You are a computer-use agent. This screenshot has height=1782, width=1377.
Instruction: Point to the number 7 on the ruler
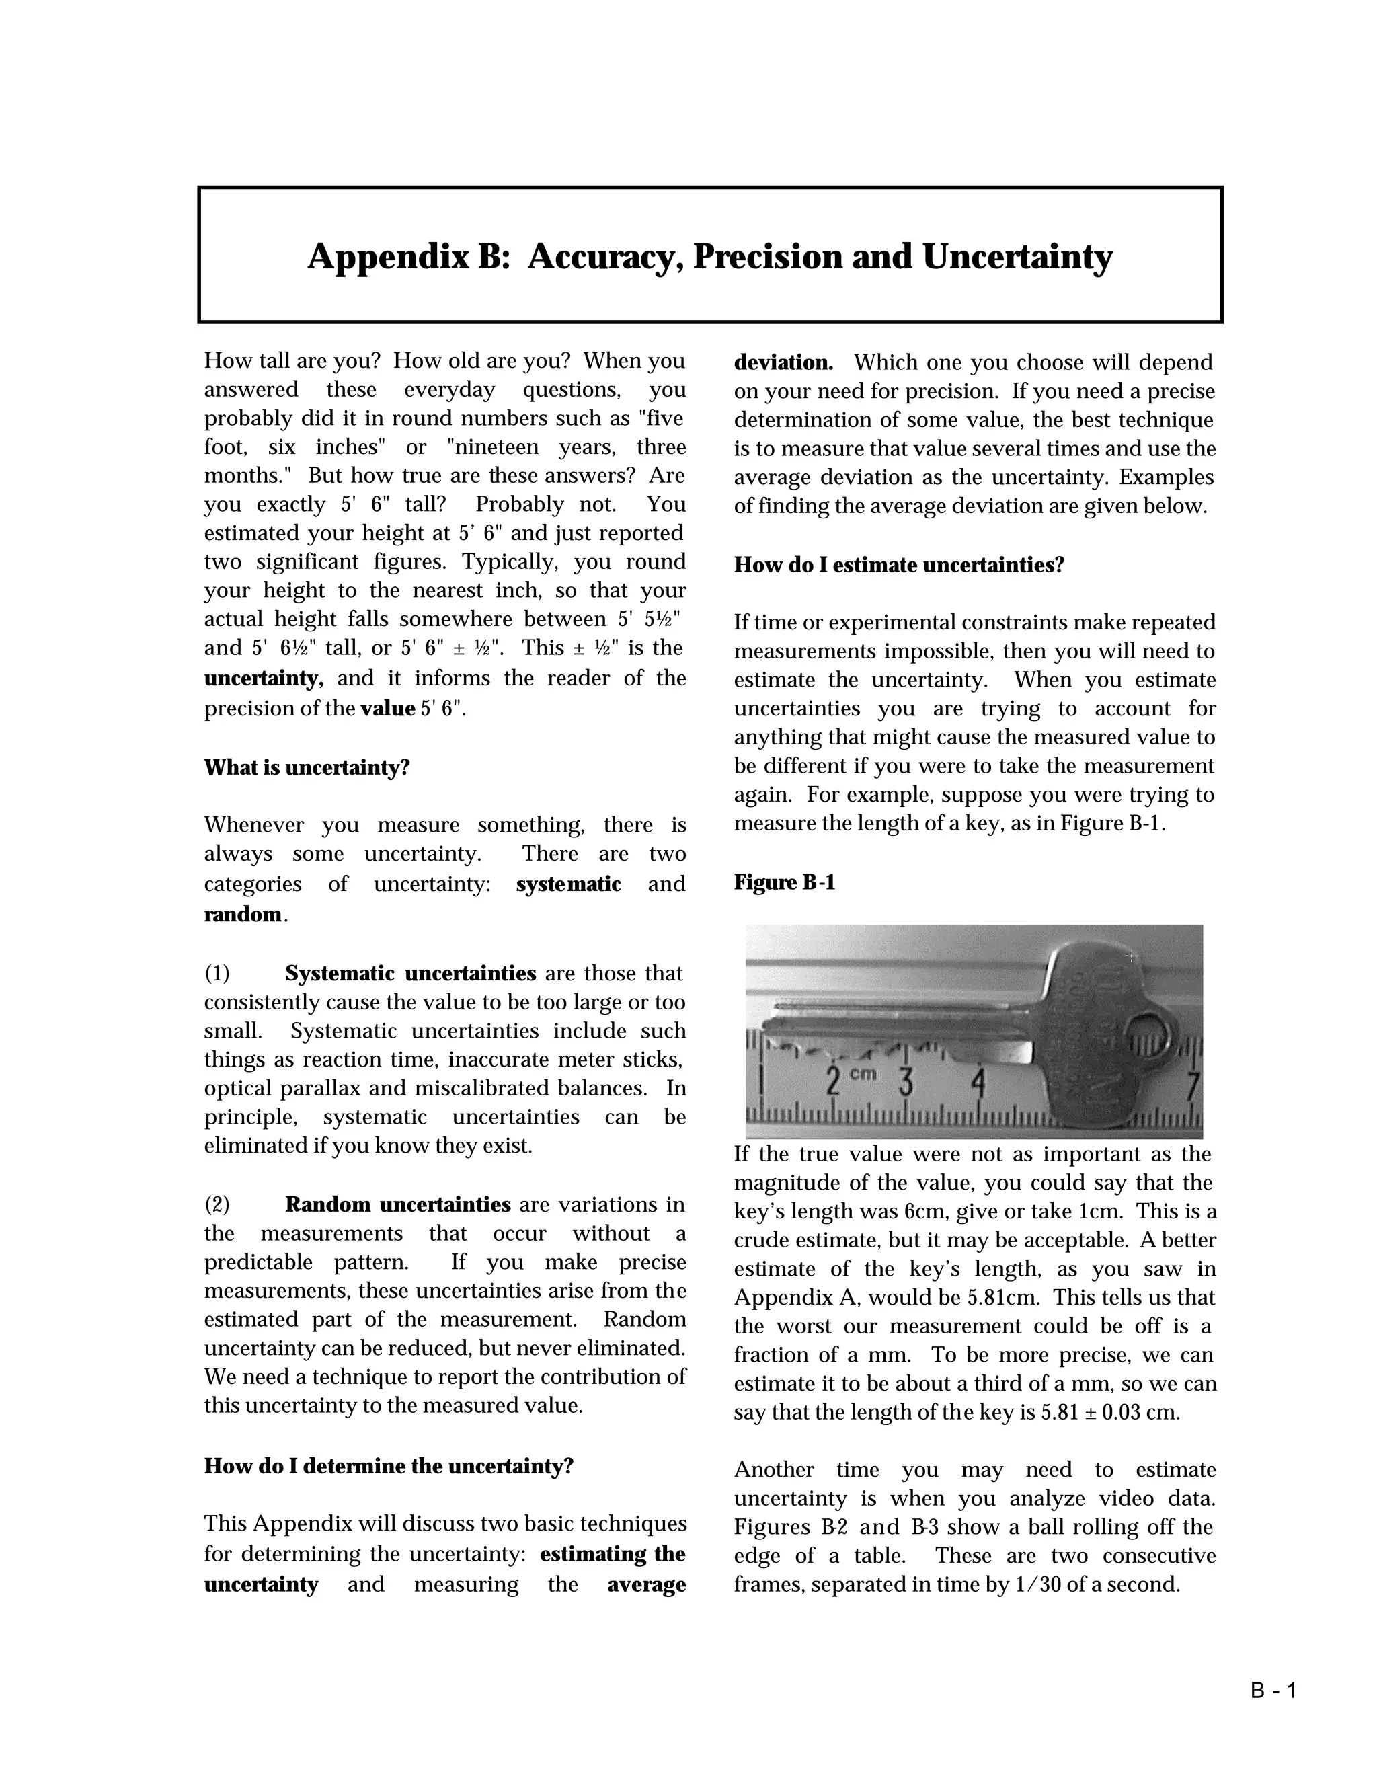tap(1193, 1086)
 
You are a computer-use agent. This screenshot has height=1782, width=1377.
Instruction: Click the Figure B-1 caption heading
tap(784, 882)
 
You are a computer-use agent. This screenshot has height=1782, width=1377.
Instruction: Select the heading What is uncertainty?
tap(307, 768)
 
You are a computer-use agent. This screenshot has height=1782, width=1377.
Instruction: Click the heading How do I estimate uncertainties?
tap(899, 565)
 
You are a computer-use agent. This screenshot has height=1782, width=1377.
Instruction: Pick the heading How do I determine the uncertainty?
tap(389, 1466)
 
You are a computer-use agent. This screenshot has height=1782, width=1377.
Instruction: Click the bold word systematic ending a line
tap(569, 884)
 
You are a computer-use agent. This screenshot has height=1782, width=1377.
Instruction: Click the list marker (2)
tap(217, 1204)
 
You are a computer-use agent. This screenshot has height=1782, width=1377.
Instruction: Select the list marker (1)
tap(217, 974)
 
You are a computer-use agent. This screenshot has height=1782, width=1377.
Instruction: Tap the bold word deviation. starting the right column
tap(783, 362)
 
